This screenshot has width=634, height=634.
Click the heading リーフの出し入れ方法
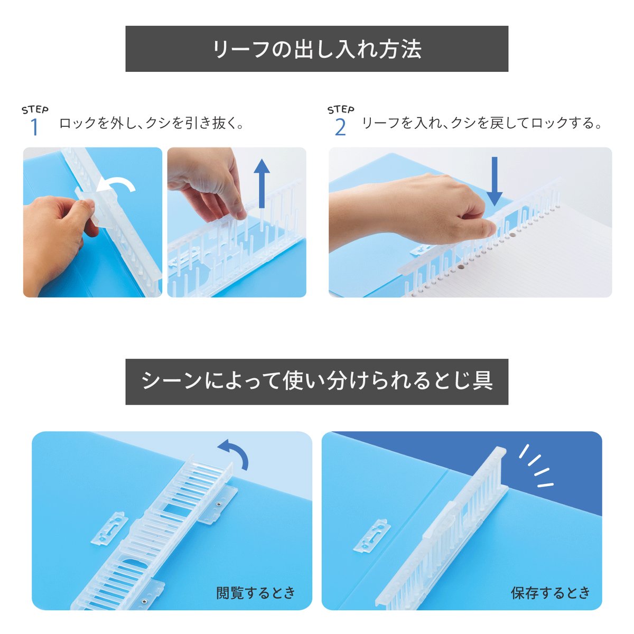coord(316,49)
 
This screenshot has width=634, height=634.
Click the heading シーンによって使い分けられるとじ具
coord(316,381)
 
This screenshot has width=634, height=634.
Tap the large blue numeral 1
coord(34,127)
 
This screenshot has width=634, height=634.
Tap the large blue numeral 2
coord(340,127)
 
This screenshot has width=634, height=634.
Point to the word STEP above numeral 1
coord(35,109)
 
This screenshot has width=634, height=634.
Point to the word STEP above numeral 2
coord(340,109)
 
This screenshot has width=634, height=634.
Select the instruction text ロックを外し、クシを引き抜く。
coord(152,124)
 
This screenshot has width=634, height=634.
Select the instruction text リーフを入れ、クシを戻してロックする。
coord(482,124)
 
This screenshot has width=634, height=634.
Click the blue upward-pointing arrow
coord(262,183)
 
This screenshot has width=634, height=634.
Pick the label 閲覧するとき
coord(256,593)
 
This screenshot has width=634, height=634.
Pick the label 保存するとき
coord(550,593)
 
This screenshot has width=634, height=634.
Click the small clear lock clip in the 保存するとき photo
coord(374,536)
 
